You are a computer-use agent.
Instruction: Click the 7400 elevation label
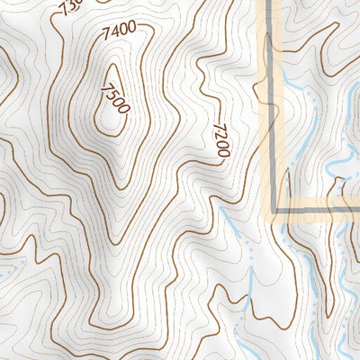pos(120,30)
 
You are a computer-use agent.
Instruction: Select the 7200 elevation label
pos(220,140)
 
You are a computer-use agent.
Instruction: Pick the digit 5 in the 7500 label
pos(113,94)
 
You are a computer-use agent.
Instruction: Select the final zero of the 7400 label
pos(132,27)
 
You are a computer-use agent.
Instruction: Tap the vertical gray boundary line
pos(271,108)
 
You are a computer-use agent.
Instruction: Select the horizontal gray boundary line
pos(315,212)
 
